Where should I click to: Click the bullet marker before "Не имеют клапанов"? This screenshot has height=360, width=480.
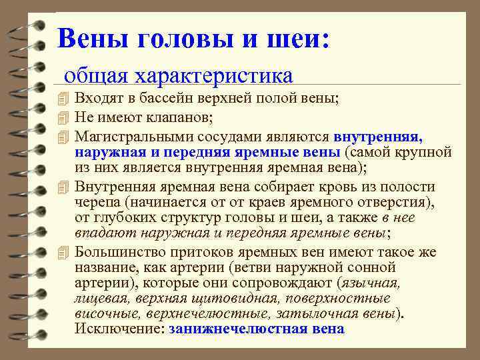point(63,118)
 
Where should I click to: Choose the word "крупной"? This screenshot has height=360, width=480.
point(427,151)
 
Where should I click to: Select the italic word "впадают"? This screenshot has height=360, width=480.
point(99,233)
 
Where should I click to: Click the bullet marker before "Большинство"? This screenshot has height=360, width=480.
point(63,251)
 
